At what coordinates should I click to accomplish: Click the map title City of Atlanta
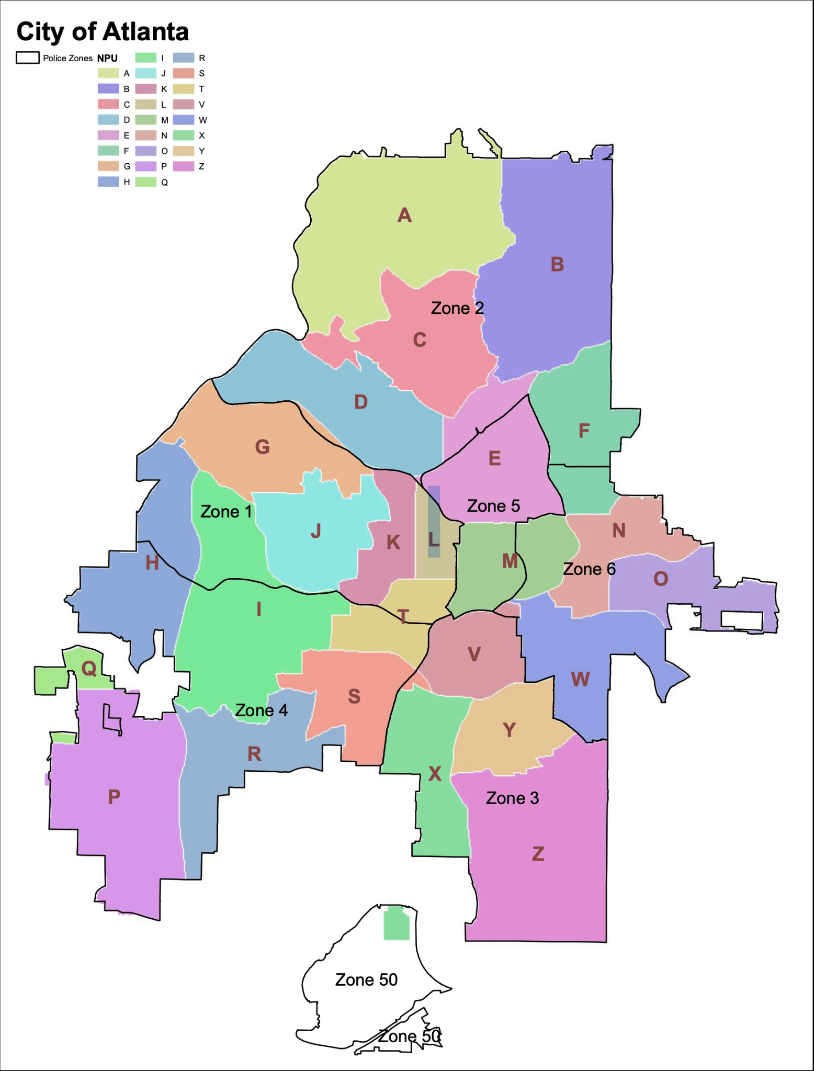(103, 32)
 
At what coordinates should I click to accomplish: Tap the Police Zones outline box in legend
(28, 58)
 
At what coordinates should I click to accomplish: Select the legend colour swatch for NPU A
(108, 73)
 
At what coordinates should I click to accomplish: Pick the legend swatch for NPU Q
(145, 182)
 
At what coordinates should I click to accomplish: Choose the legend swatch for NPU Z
(183, 166)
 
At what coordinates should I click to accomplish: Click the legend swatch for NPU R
(183, 58)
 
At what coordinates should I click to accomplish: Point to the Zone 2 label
(457, 308)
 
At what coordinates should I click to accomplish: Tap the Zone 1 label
(226, 512)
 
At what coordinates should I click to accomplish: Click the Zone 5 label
(493, 506)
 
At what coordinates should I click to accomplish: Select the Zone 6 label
(589, 569)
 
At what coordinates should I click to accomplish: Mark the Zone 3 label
(512, 798)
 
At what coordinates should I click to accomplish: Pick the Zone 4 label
(261, 711)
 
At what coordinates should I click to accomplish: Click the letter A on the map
(404, 215)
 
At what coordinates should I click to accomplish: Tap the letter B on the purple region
(557, 265)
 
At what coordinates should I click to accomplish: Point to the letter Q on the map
(89, 668)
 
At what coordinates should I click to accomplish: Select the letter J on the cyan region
(315, 531)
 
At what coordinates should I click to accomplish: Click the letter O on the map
(661, 579)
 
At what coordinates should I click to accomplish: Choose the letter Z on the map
(538, 854)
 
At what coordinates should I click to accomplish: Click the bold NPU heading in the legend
(107, 58)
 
